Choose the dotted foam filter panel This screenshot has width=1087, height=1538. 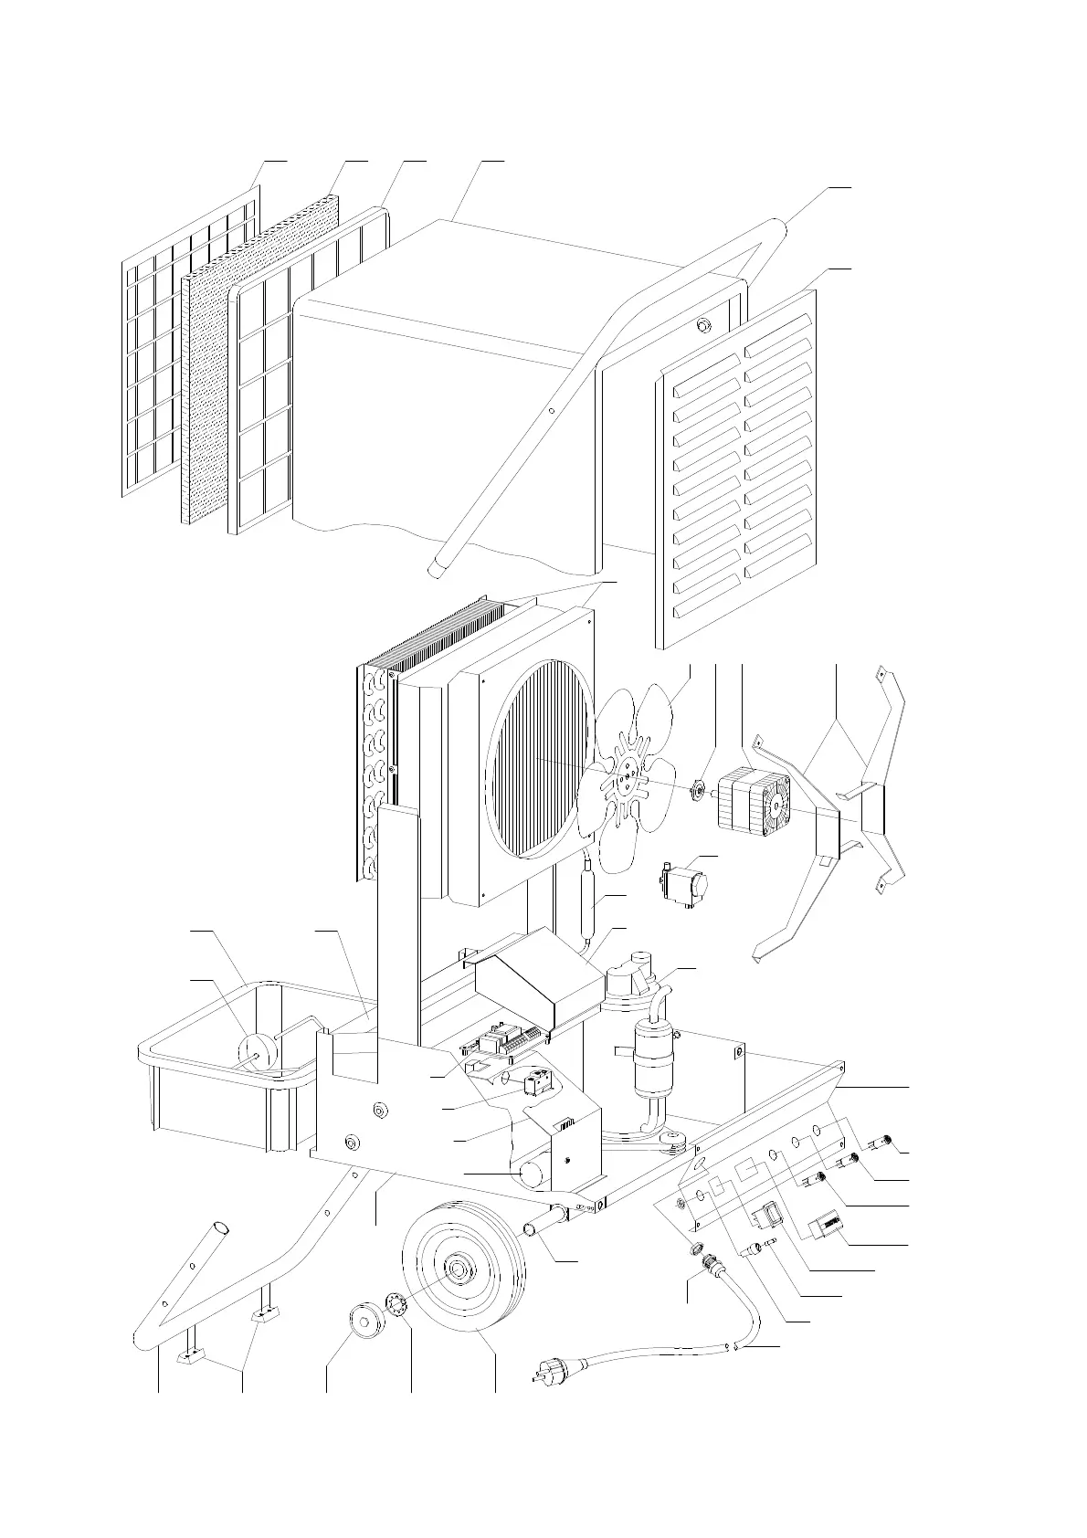coord(260,356)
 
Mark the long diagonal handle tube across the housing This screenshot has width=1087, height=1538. coord(585,384)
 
